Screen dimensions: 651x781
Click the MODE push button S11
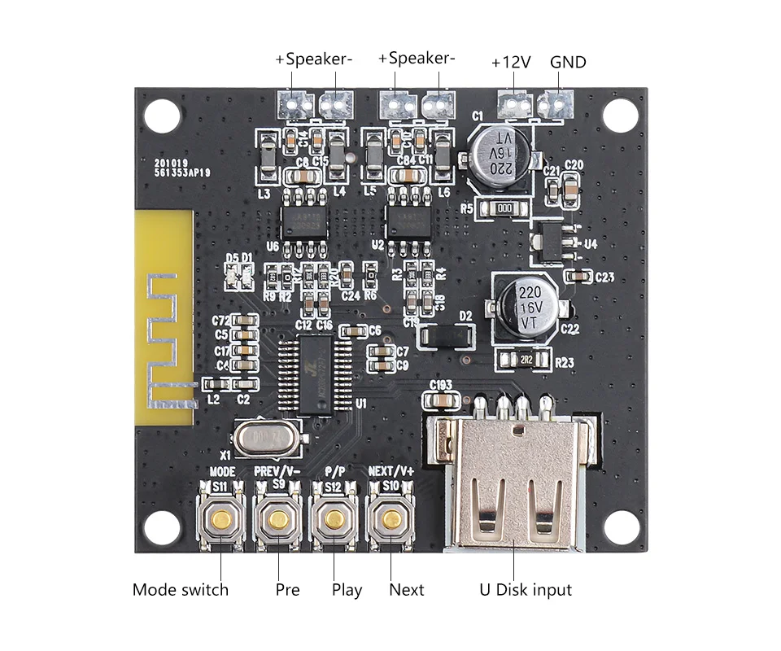(x=222, y=519)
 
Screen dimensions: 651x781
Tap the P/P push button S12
(x=334, y=519)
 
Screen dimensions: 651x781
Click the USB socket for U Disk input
(x=513, y=484)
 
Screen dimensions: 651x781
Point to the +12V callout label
(x=512, y=62)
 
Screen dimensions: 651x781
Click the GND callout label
(x=568, y=62)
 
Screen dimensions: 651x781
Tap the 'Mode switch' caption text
(x=181, y=590)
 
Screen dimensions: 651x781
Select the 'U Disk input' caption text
(x=525, y=590)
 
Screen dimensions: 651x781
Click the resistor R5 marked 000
(x=504, y=209)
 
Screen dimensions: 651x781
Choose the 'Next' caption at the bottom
(x=407, y=590)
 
